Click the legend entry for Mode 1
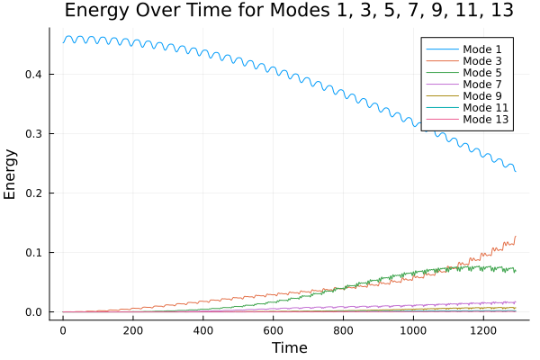pos(483,48)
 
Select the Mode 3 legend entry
pos(483,59)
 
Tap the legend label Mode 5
pos(483,71)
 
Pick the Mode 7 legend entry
pos(483,83)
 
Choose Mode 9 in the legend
pos(483,94)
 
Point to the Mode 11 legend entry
pos(486,106)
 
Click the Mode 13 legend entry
pos(486,118)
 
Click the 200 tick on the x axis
pos(133,330)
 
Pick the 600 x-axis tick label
pos(274,330)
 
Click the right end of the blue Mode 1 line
pos(516,171)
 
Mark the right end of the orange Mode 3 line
pos(516,237)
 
